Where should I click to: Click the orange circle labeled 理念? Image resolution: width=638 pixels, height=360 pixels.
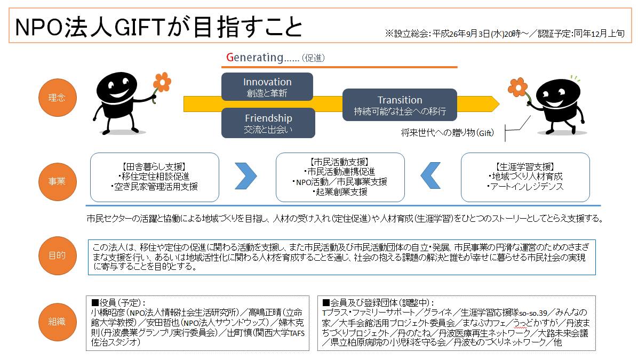(x=58, y=98)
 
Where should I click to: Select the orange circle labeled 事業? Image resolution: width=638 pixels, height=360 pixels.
(x=58, y=181)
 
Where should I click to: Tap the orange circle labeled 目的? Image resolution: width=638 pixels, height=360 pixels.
(x=58, y=255)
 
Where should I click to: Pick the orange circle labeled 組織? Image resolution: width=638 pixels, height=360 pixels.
(x=58, y=322)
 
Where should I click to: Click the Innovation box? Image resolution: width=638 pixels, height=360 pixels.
(x=267, y=86)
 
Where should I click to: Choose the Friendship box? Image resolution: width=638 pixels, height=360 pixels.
(x=268, y=123)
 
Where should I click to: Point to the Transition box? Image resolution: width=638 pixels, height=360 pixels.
(x=400, y=105)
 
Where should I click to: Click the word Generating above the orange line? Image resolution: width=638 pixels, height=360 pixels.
(x=254, y=58)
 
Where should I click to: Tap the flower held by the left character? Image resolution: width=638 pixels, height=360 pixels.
(x=162, y=82)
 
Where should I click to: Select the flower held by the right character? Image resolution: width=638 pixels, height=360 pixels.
(x=518, y=86)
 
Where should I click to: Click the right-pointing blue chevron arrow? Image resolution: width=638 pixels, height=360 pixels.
(x=246, y=175)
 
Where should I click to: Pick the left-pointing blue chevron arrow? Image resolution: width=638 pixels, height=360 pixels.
(x=430, y=175)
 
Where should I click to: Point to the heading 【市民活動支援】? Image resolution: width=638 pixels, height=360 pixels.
(x=340, y=162)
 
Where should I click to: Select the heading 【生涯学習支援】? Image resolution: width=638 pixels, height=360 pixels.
(x=525, y=167)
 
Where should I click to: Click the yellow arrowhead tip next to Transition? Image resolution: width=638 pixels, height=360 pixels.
(x=499, y=104)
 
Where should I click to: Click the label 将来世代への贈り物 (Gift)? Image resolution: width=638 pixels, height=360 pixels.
(x=447, y=133)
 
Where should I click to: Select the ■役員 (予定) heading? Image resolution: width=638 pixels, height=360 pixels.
(x=118, y=302)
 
